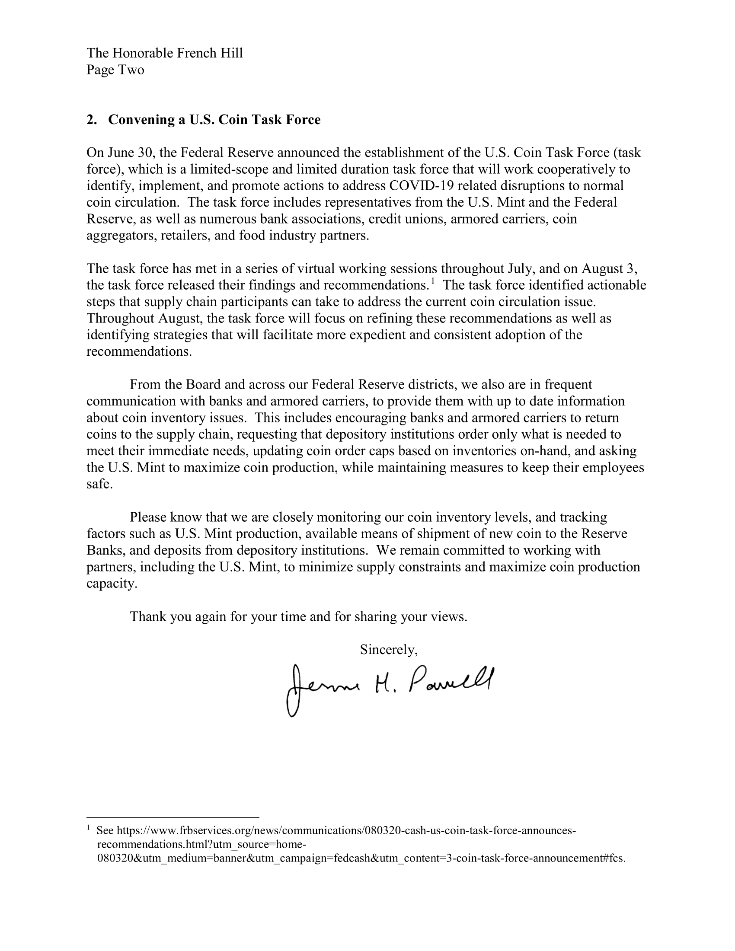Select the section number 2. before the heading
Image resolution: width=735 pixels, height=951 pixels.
(91, 120)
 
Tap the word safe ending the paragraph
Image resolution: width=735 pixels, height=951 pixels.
(98, 484)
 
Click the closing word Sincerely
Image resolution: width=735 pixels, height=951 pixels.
(388, 650)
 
